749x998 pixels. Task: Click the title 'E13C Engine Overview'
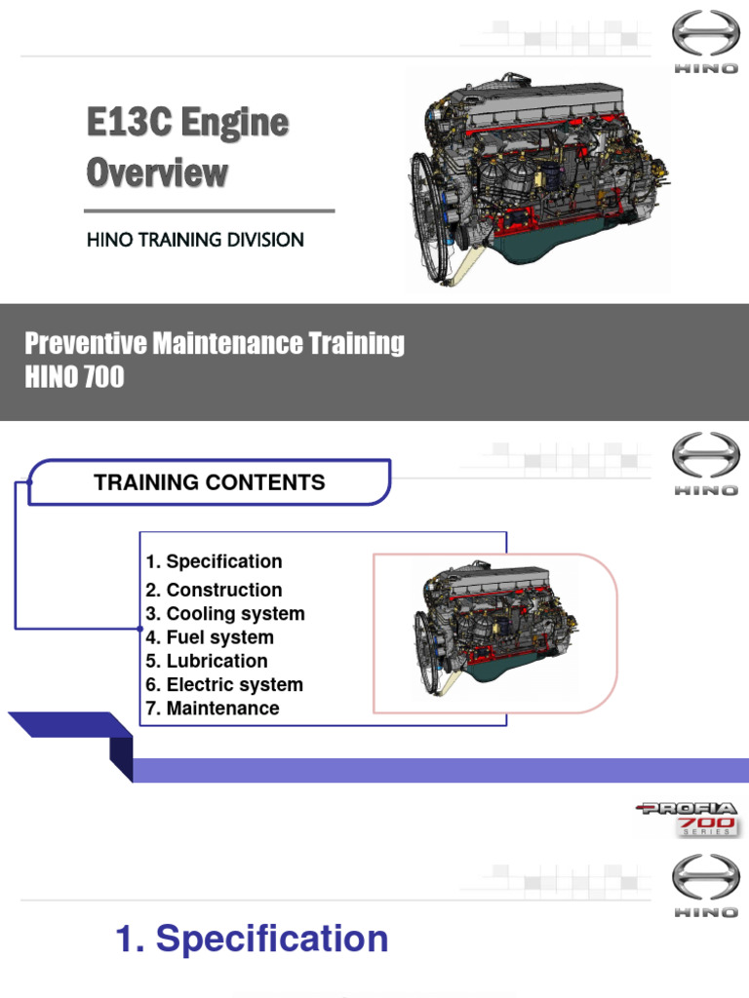click(187, 148)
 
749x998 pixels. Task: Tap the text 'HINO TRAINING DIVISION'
click(195, 240)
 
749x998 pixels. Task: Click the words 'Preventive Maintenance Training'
click(214, 343)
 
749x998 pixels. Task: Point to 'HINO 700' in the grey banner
click(74, 376)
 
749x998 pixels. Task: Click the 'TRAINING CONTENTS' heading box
click(209, 482)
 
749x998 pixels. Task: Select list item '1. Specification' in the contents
click(214, 561)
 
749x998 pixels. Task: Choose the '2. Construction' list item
click(214, 590)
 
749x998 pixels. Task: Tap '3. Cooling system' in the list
click(225, 614)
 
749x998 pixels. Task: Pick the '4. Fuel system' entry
click(210, 637)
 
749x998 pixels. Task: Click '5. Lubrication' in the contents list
click(207, 661)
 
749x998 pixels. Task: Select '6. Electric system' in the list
click(224, 684)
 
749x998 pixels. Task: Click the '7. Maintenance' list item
click(213, 709)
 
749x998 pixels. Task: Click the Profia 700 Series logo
click(689, 817)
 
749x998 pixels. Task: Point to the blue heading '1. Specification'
click(252, 940)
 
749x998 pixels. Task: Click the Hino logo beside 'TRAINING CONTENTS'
click(705, 465)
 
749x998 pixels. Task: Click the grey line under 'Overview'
click(210, 211)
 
